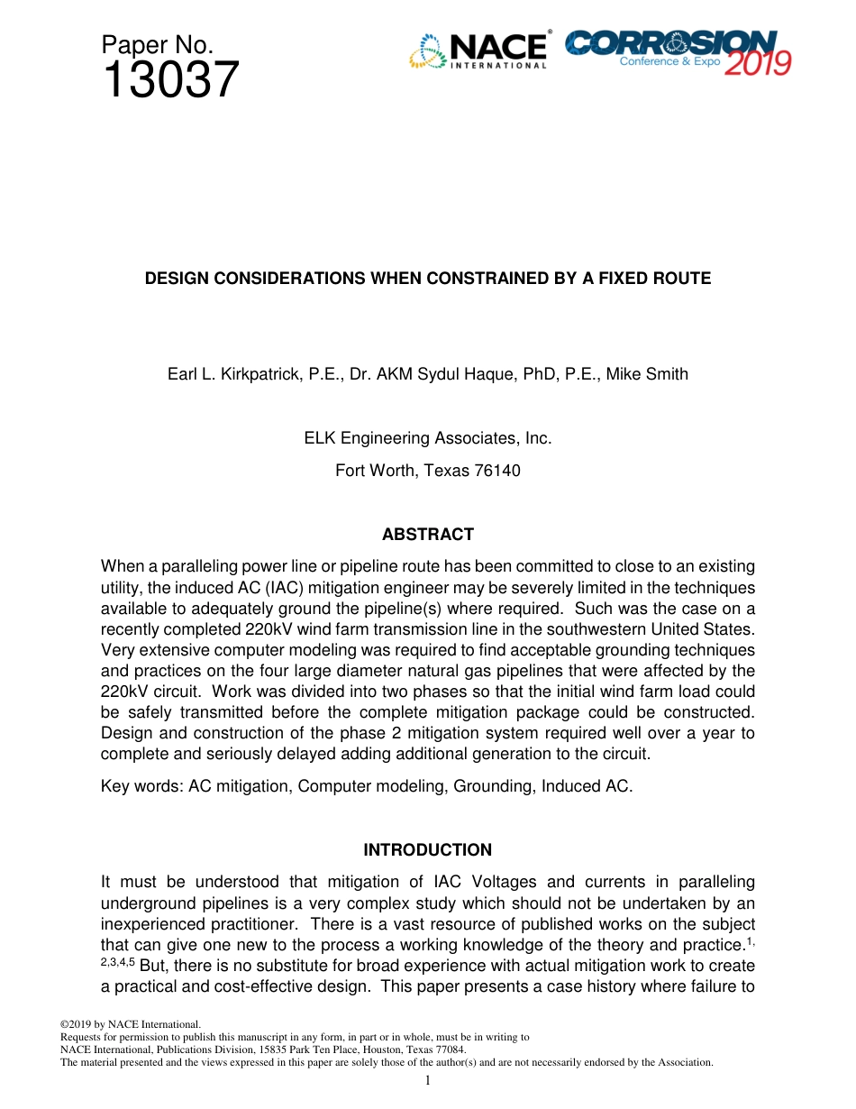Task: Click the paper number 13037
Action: pos(170,80)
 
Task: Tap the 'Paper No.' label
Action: pos(157,45)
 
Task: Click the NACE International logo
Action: pos(478,51)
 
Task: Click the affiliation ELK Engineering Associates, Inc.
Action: pos(427,438)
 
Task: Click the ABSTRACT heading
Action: pos(427,535)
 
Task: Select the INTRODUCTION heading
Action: pos(427,850)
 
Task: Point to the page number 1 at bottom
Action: pos(428,1080)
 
